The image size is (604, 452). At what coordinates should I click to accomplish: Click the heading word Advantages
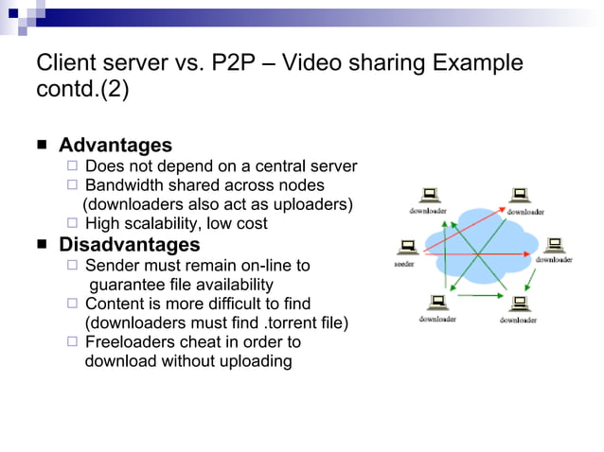click(115, 146)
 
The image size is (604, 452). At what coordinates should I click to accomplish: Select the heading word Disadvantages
click(129, 245)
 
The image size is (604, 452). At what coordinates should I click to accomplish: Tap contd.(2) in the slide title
click(81, 92)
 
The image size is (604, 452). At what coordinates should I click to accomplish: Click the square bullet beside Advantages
click(43, 147)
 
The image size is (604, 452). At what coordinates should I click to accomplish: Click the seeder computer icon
click(409, 248)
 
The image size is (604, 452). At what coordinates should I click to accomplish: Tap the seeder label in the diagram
click(404, 264)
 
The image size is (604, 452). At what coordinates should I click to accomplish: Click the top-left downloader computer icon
click(429, 196)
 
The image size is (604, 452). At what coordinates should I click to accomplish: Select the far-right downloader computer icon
click(556, 245)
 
